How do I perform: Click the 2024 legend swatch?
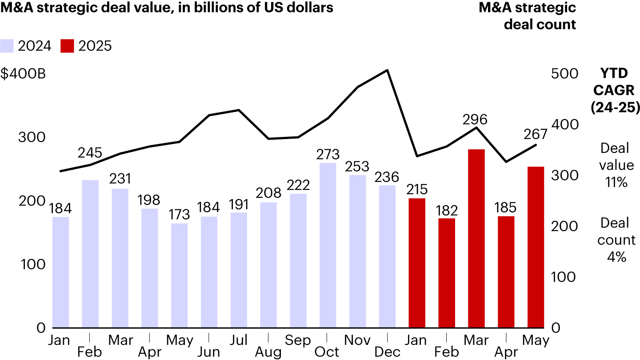point(8,46)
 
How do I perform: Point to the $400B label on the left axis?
point(23,74)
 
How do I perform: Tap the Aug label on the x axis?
point(268,352)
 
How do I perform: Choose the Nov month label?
point(357,340)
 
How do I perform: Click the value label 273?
point(328,155)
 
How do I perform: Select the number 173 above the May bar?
point(179,215)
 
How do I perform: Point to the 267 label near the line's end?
point(535,134)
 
